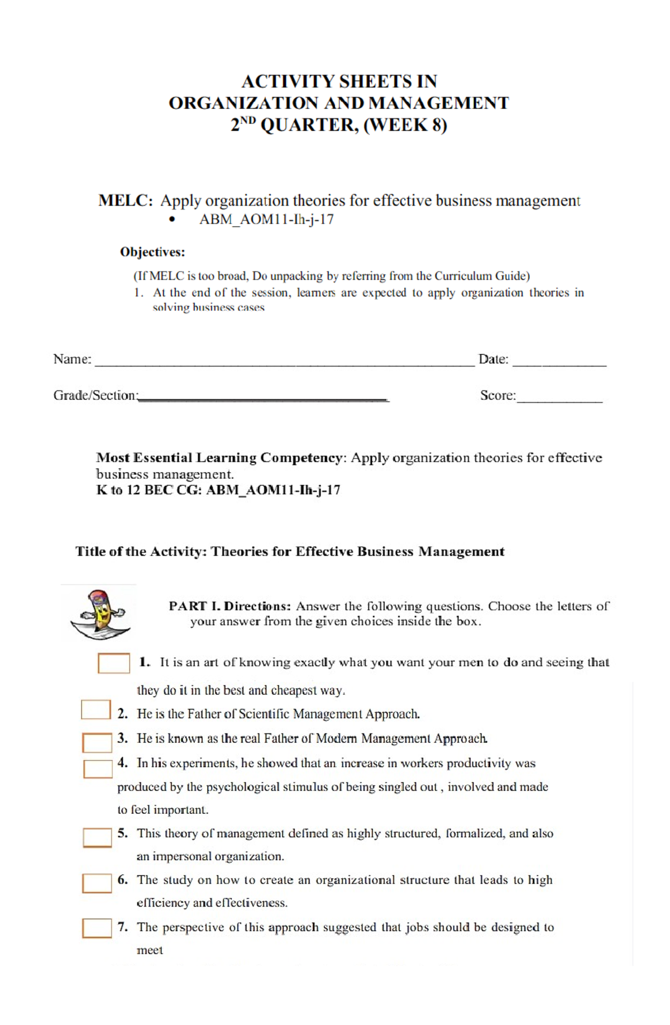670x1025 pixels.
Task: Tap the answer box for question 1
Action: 114,663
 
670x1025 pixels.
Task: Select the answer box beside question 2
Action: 96,710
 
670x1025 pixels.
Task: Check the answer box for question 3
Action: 97,742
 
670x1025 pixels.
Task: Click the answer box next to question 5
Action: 97,837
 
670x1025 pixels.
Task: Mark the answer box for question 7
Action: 97,928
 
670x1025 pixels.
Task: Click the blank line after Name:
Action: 285,363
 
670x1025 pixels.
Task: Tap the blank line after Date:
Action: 559,363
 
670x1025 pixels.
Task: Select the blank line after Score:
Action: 559,399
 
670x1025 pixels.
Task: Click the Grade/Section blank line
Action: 264,399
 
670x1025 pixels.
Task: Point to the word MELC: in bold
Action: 125,201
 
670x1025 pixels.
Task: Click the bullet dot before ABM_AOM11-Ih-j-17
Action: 172,220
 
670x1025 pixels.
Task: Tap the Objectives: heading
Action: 152,252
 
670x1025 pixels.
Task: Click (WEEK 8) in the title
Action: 405,125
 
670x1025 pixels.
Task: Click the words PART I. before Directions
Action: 194,606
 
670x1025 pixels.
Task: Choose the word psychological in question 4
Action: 243,787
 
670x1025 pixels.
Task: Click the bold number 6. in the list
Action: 123,880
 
